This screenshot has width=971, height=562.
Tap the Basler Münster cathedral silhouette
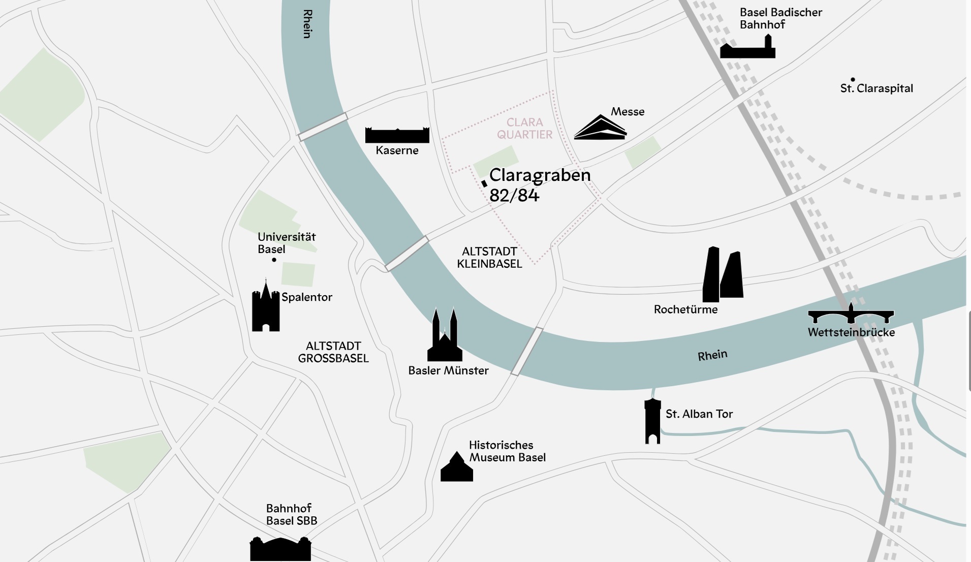coord(445,338)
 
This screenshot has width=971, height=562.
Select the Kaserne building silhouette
coord(397,136)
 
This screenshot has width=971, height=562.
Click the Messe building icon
coord(600,129)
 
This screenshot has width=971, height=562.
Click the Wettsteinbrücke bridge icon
coord(851,316)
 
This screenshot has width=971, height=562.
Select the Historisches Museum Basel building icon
coord(456,469)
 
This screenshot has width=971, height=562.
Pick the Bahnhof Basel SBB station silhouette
coord(280,550)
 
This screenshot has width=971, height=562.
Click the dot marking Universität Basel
coord(274,260)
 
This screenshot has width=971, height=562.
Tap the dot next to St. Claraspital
coord(853,79)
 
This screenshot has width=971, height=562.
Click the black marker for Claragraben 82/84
coord(484,183)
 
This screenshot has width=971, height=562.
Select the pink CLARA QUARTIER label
coord(524,129)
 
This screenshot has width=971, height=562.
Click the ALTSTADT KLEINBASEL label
coord(489,258)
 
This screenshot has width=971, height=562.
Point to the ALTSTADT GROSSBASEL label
coord(333,352)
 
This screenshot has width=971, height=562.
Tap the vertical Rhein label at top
coord(307,24)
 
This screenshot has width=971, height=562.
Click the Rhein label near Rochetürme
coord(712,355)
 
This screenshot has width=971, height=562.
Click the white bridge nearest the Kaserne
coord(323,127)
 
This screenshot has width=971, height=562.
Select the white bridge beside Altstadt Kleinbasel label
coord(406,253)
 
